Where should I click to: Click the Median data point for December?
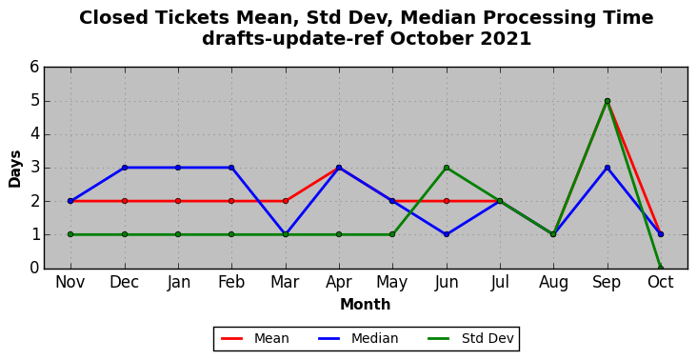(x=125, y=168)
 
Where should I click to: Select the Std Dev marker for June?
(x=447, y=168)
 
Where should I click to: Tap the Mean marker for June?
(x=447, y=201)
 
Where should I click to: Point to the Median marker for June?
(x=447, y=234)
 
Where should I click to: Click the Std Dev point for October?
(x=661, y=268)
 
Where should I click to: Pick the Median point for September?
(x=607, y=168)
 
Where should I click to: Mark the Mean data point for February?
(x=231, y=201)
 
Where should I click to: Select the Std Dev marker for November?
(x=70, y=234)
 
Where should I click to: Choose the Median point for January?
(x=178, y=168)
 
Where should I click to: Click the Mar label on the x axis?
(x=285, y=282)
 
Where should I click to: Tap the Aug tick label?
(x=553, y=283)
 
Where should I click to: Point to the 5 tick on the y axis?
(x=34, y=101)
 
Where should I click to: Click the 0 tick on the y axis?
(x=34, y=268)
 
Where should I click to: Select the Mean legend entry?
(x=254, y=339)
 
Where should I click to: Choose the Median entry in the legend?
(x=358, y=339)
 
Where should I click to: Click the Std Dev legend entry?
(x=470, y=339)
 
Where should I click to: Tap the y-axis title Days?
(x=14, y=169)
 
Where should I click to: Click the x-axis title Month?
(x=366, y=305)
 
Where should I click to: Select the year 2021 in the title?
(x=506, y=39)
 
